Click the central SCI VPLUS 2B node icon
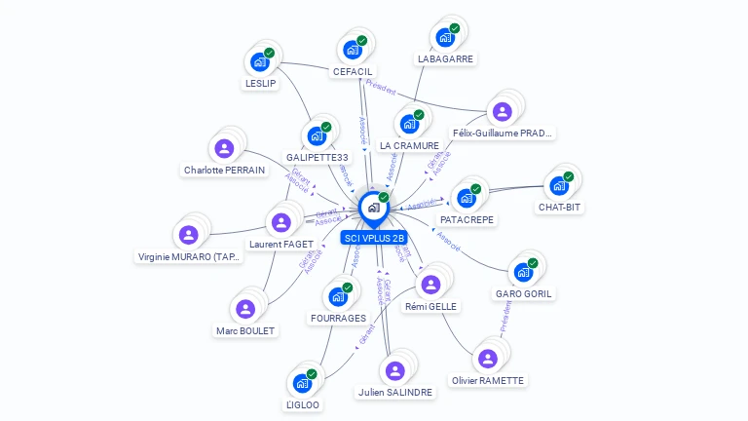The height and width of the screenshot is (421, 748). coord(373,207)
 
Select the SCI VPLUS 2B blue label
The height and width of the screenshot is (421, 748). coord(374,238)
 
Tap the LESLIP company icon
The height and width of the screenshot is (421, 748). coord(260,61)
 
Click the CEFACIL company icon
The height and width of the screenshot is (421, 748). coord(352,50)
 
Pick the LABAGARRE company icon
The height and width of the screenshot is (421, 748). coord(445,37)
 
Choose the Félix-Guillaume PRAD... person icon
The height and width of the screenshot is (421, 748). coord(502,111)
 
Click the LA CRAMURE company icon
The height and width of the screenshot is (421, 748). coord(409,124)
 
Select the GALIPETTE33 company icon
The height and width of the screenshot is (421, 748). coord(317,135)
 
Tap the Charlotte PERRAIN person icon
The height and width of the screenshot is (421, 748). coord(224,148)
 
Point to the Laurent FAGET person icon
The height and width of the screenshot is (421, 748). coord(280,222)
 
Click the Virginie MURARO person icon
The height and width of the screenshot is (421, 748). coord(188,235)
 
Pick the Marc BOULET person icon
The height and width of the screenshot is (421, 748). coord(245,309)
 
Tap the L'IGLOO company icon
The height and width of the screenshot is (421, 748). coord(302,383)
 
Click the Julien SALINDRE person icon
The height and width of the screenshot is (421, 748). coord(394,370)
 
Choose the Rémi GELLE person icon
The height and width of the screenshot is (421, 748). coord(430,284)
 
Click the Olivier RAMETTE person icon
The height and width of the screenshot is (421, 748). coord(487,358)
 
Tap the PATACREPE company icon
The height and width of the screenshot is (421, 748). coord(467,198)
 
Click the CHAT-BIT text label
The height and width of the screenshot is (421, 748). coord(559,207)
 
